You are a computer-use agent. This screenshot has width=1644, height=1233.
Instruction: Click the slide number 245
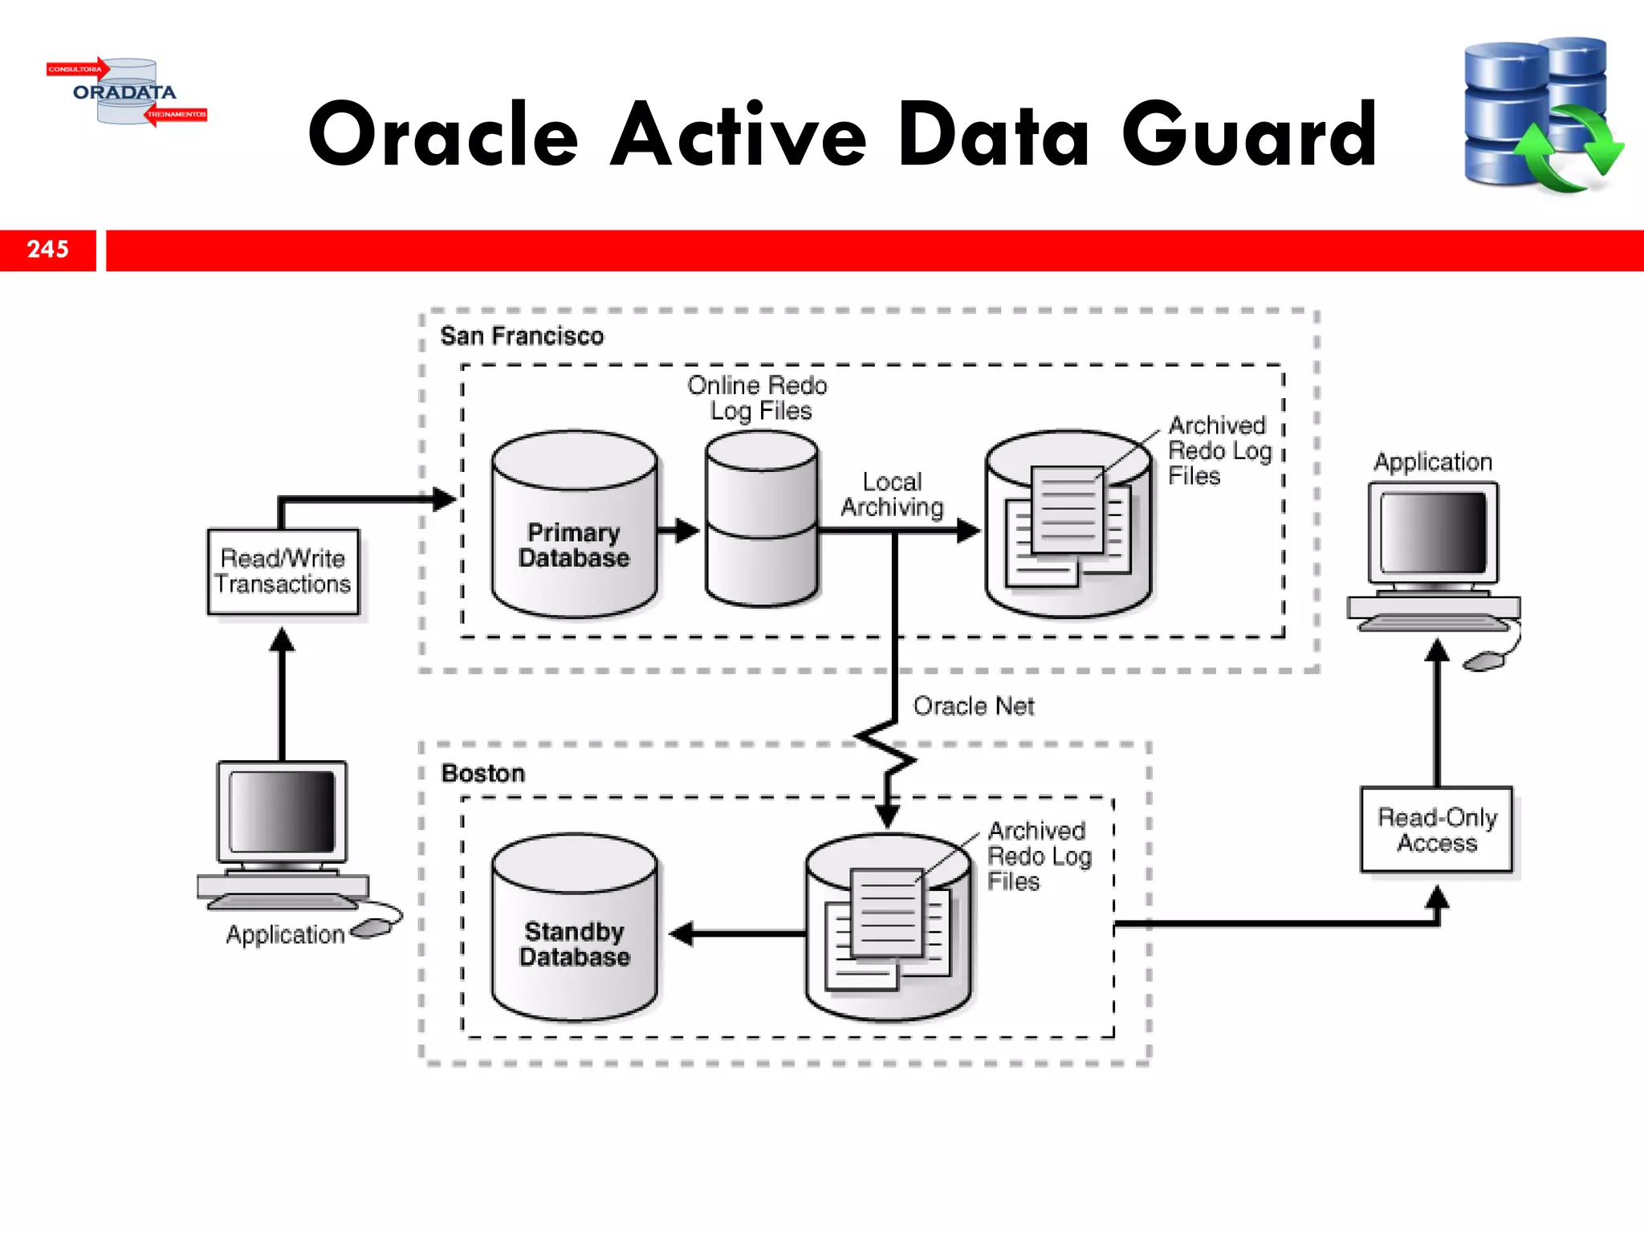(x=48, y=250)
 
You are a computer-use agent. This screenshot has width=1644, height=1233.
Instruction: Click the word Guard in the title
(x=1249, y=135)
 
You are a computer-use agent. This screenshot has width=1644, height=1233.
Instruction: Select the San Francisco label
(x=522, y=336)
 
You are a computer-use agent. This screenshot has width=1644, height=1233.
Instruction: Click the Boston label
(x=483, y=773)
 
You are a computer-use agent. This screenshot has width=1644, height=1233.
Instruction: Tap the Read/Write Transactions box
(x=283, y=572)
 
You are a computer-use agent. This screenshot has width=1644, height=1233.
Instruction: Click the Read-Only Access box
(x=1436, y=830)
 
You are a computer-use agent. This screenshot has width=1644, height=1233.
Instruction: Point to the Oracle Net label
(x=973, y=706)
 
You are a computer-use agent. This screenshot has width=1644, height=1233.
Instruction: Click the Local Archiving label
(x=892, y=494)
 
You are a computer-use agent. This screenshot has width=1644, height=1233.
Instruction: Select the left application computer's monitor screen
(x=282, y=812)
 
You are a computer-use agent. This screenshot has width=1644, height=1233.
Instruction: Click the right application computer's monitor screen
(x=1433, y=532)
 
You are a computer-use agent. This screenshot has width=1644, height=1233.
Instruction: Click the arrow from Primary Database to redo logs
(x=679, y=530)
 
